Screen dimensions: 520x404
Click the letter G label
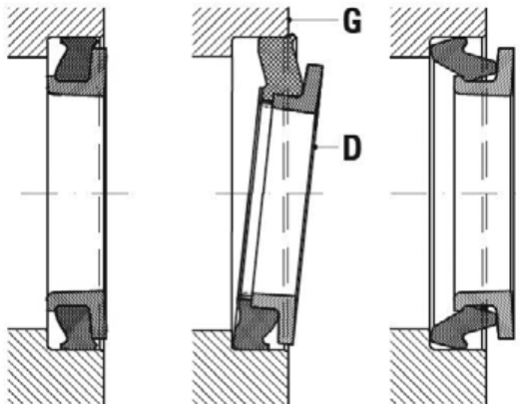pos(352,21)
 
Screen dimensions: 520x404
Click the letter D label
pos(351,148)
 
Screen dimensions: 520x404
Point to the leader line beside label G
pos(314,20)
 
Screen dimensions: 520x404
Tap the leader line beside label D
pos(327,147)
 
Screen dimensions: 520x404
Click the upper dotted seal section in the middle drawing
pos(280,67)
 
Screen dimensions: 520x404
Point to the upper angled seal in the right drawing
pos(462,59)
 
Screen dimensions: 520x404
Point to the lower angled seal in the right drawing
pos(462,327)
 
